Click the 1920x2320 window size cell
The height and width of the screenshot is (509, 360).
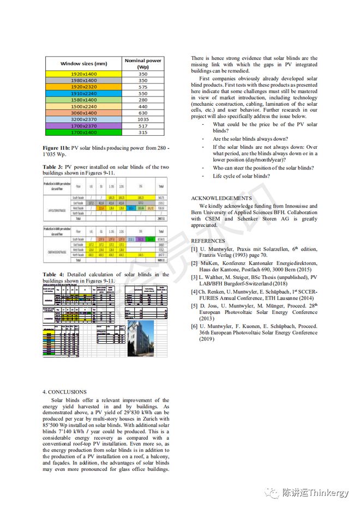coord(83,86)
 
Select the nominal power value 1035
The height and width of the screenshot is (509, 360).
coord(143,119)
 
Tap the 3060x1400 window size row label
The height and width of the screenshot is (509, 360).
coord(83,112)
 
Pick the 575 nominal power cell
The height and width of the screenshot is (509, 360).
coord(143,86)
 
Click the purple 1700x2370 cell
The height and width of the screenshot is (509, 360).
coord(83,125)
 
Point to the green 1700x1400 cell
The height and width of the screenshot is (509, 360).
coord(83,132)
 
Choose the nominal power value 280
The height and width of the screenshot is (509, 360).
coord(143,99)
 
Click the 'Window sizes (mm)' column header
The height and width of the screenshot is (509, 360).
coord(83,64)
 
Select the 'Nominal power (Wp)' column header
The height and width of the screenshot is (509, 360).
coord(143,64)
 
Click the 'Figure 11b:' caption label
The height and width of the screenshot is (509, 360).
coord(57,148)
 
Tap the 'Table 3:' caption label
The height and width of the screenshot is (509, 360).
coord(53,167)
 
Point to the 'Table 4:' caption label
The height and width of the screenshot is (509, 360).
coord(53,275)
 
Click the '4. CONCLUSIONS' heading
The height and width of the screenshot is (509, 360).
coord(64,391)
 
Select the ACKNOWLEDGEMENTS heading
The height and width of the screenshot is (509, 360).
coord(221,198)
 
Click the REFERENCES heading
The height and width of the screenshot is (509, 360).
coord(208,240)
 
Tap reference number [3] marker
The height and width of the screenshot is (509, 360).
coord(194,277)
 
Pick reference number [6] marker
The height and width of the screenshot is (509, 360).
coord(194,326)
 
